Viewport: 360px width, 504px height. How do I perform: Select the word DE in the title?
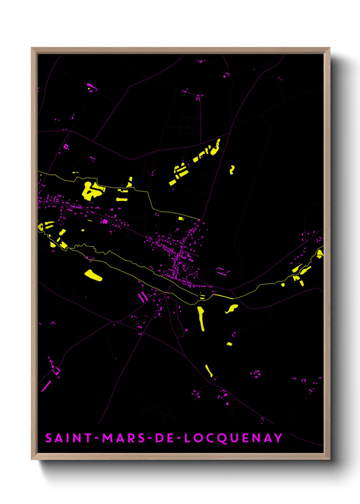pos(165,438)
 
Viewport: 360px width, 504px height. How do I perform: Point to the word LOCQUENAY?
pos(233,438)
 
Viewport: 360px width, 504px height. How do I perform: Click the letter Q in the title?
pos(222,439)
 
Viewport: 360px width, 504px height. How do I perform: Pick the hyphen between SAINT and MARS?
pos(97,438)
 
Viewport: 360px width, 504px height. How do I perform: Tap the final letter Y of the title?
pos(279,438)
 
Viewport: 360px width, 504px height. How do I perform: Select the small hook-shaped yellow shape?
pos(232,169)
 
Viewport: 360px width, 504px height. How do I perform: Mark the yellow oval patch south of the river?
pos(93,275)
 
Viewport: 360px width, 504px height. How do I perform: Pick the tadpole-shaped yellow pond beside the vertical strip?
pos(232,309)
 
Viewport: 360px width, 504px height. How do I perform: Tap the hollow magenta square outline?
pos(66,147)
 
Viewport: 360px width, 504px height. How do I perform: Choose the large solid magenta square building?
pos(105,221)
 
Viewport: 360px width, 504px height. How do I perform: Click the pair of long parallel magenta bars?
pos(143,297)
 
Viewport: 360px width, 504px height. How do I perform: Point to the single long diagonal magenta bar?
pos(46,386)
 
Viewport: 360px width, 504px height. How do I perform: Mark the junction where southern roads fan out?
pos(166,294)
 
